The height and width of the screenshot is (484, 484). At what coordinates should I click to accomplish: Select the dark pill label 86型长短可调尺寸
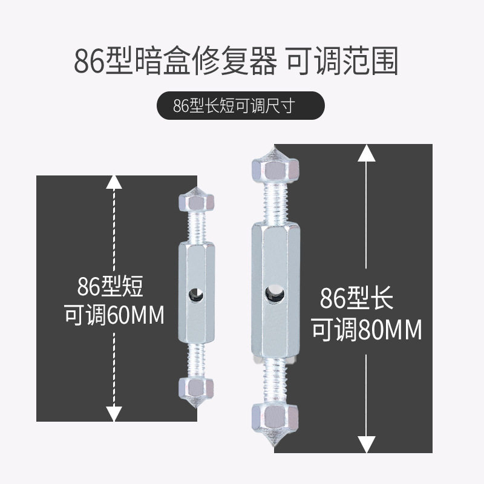tap(241, 105)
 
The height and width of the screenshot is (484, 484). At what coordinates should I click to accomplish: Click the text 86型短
tap(110, 286)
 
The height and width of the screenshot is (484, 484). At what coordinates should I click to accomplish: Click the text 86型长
tap(356, 299)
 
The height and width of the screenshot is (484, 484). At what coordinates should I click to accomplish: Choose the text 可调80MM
tap(367, 330)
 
